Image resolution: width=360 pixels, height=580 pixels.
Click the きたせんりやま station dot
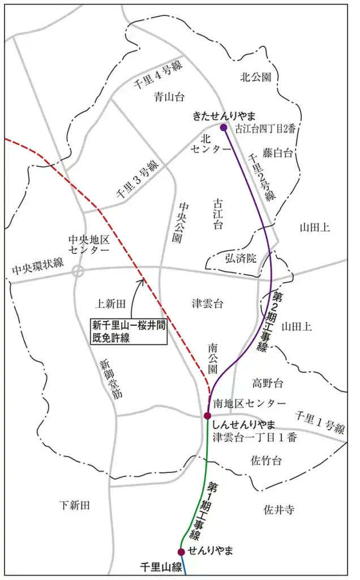(x=224, y=127)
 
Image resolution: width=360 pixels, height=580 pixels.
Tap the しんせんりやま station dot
(x=208, y=416)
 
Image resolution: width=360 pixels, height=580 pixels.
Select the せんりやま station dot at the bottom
(x=181, y=552)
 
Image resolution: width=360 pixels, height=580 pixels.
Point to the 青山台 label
(x=169, y=97)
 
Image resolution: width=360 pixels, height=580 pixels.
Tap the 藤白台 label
(x=278, y=152)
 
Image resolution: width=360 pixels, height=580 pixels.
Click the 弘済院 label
(x=242, y=258)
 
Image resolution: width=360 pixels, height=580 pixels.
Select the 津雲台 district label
(x=207, y=304)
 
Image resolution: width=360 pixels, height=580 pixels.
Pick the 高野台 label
(x=267, y=383)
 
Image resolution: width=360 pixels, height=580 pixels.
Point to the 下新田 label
(x=75, y=505)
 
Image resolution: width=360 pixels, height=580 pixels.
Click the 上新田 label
(x=109, y=304)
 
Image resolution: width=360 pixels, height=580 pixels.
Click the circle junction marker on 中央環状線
(x=78, y=271)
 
